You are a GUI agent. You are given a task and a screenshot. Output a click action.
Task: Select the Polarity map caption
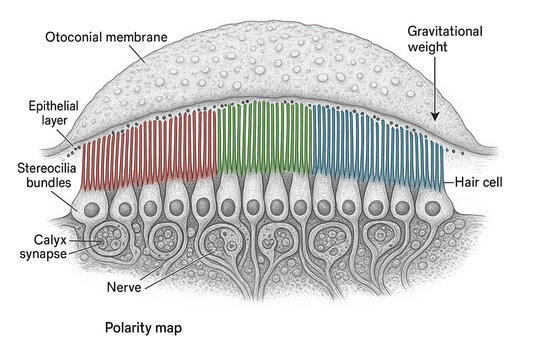click(x=143, y=327)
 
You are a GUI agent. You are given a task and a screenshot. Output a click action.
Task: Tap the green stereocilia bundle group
click(x=265, y=145)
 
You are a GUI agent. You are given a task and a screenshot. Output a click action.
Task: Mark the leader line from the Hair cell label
click(x=448, y=184)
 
